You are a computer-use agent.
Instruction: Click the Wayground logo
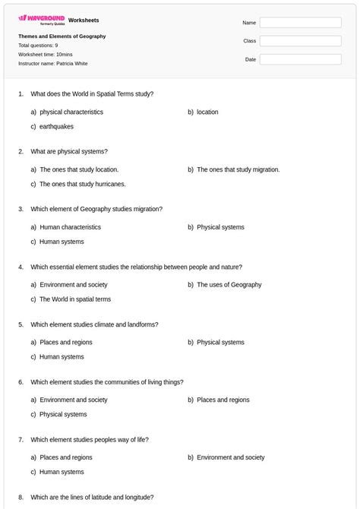pos(42,20)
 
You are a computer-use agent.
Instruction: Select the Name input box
pos(300,23)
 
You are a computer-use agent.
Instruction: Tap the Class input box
pos(300,41)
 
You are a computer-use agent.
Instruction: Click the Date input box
pos(300,59)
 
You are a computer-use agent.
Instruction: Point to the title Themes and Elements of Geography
pos(62,36)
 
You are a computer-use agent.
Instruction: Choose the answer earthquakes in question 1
pos(57,126)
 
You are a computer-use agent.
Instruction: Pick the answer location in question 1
pos(207,112)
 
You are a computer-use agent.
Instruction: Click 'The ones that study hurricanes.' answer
pos(83,184)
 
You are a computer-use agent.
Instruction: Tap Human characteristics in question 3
pos(70,226)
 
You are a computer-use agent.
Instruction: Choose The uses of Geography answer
pos(229,284)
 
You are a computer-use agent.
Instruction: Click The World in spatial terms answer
pos(75,299)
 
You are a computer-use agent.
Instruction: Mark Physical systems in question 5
pos(220,342)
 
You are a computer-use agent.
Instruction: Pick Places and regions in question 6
pos(223,400)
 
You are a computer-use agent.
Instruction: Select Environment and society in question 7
pos(231,457)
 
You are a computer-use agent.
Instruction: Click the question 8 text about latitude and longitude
pos(92,497)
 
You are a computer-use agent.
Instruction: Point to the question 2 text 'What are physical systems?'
pos(69,151)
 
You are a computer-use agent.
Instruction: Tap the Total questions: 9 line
pos(38,45)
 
